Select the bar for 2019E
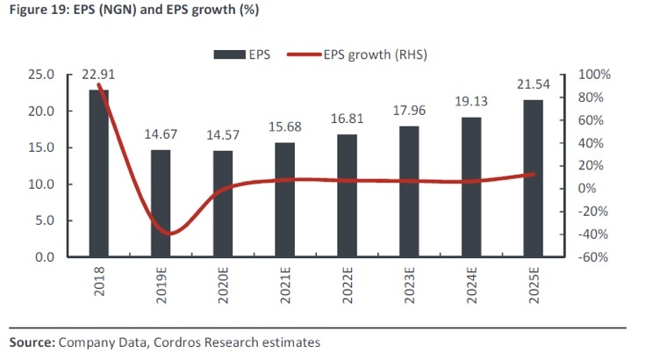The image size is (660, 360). pos(161,203)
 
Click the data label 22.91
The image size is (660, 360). pos(98,76)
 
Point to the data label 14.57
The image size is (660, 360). pos(223,136)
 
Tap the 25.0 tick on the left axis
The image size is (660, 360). pos(43,76)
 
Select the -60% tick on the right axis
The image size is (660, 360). pos(591,257)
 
